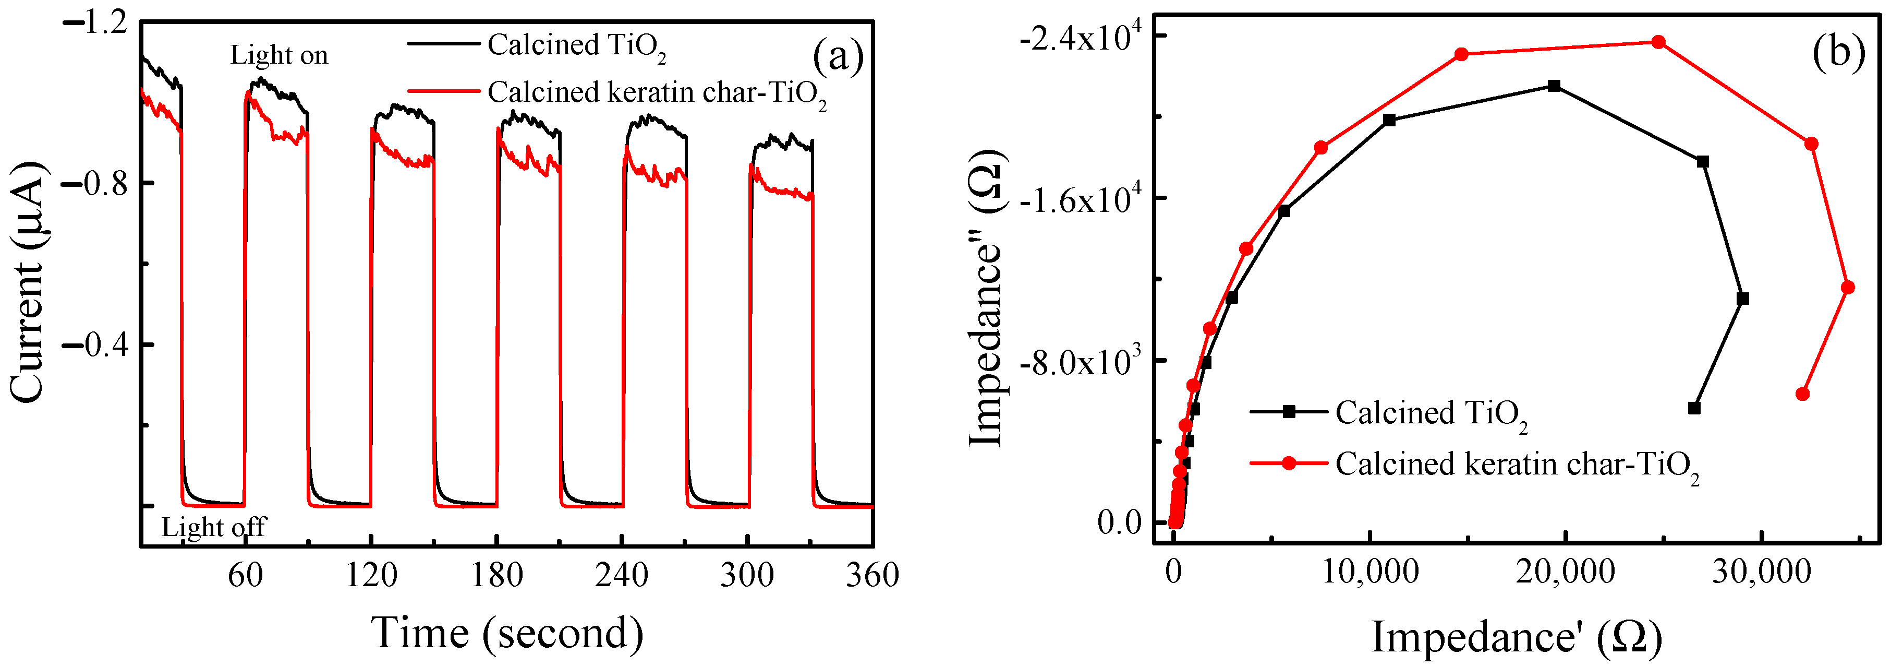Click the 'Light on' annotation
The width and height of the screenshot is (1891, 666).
click(279, 55)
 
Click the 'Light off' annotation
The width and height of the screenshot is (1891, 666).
click(214, 527)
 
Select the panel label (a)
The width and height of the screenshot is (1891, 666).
click(838, 56)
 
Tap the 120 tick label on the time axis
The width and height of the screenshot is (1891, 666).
click(371, 575)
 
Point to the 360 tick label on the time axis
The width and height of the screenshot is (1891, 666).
click(872, 575)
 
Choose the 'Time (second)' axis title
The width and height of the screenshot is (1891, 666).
click(508, 633)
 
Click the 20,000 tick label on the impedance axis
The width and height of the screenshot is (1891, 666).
click(1565, 572)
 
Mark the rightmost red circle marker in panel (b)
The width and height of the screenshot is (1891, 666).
click(1848, 287)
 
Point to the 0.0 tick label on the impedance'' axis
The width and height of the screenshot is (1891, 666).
click(1120, 523)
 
